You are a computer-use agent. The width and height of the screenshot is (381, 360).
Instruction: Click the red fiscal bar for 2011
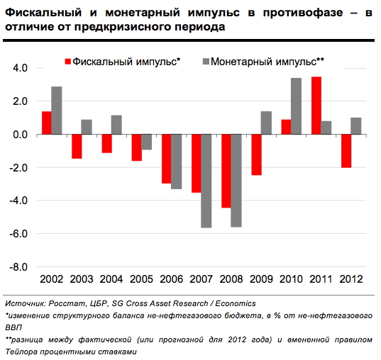pos(316,106)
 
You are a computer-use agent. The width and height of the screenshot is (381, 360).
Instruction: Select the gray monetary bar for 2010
pos(296,106)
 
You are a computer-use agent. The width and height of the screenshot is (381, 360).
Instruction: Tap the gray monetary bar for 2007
pos(206,181)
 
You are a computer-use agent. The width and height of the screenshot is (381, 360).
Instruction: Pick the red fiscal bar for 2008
pos(226,171)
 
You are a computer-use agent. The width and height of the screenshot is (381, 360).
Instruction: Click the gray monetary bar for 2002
pos(56,111)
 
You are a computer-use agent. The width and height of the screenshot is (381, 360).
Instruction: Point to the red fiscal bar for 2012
pos(346,151)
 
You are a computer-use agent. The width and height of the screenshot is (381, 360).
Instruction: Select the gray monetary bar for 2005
pos(146,142)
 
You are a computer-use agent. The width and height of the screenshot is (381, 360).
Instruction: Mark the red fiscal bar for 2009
pos(256,154)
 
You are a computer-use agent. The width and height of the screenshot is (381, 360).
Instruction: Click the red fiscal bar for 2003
pos(77,147)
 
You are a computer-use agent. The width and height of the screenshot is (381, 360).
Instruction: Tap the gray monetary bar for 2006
pos(176,162)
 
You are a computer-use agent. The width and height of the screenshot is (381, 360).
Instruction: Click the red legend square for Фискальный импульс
pos(68,62)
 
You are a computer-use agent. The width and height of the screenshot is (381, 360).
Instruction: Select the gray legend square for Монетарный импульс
pos(206,62)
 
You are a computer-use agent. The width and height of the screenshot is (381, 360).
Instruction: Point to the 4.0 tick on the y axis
pos(21,68)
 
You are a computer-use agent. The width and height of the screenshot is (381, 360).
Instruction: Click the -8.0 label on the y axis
pos(18,267)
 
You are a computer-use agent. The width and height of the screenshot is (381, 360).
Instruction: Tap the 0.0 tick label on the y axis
pos(21,135)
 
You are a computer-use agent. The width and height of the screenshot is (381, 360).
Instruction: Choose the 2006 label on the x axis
pos(171,279)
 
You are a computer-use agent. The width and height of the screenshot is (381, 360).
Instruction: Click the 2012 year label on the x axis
pos(351,279)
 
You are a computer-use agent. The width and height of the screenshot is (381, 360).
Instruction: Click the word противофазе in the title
pos(303,13)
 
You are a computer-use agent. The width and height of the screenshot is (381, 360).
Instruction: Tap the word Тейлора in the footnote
pos(21,351)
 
